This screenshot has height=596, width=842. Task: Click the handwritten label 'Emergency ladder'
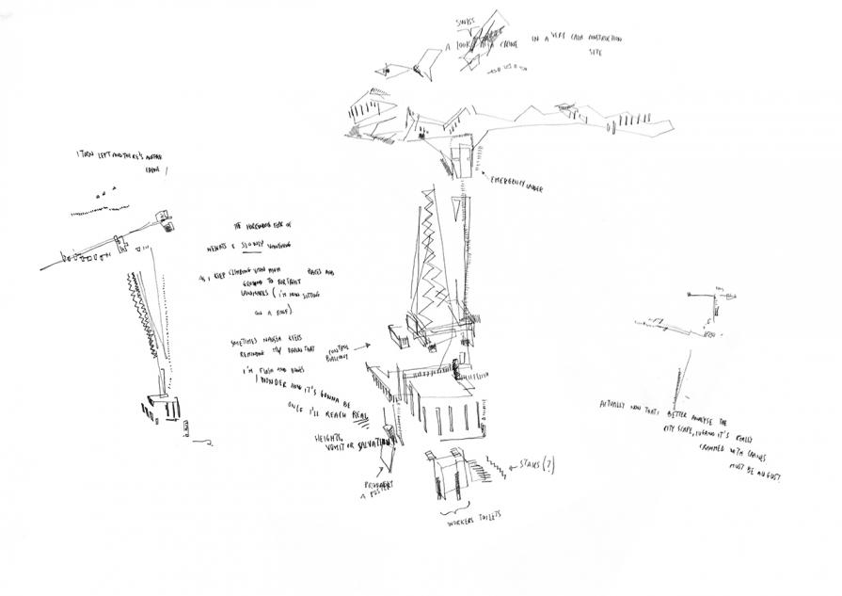point(516,185)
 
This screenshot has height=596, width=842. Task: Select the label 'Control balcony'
point(342,351)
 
